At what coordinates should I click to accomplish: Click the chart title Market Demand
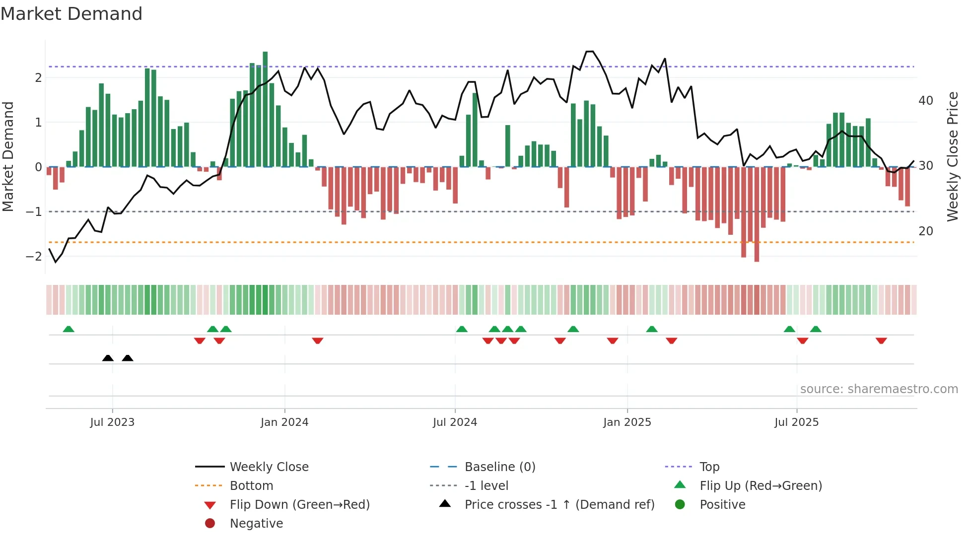coord(71,14)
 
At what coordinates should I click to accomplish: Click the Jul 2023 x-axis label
coord(112,422)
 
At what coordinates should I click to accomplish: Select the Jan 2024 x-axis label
coord(284,422)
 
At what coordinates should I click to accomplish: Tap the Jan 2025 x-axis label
coord(627,422)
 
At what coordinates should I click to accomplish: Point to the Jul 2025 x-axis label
coord(796,422)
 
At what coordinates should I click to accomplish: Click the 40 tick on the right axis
coord(926,101)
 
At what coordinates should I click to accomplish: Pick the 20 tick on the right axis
coord(926,231)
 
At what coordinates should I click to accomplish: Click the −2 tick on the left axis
coord(34,257)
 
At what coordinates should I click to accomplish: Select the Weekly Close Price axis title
coord(952,156)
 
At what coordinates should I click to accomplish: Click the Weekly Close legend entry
coord(269,467)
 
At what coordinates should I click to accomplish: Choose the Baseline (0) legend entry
coord(499,467)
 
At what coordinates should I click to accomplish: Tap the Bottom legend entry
coord(251,486)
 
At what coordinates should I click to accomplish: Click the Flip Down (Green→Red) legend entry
coord(299,505)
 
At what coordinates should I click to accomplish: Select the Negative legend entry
coord(256,524)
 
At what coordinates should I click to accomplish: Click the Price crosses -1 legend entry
coord(559,505)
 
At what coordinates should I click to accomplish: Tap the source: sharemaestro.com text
coord(879,389)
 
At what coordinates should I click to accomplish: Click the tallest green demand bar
coord(265,109)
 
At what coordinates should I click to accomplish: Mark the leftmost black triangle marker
coord(108,358)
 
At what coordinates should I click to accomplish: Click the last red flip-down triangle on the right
coord(881,341)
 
